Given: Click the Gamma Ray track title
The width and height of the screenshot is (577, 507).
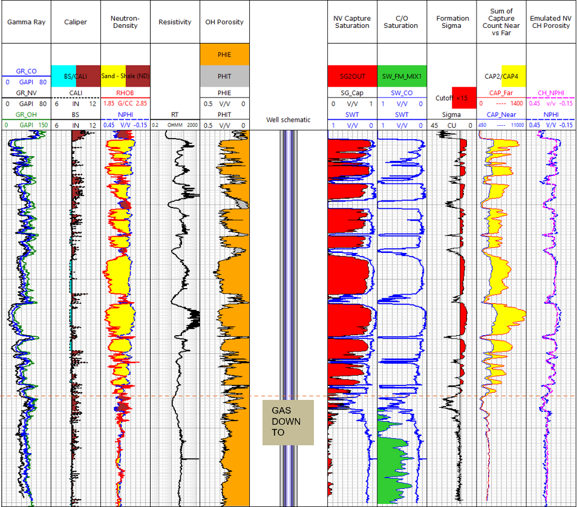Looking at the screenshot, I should (x=23, y=22).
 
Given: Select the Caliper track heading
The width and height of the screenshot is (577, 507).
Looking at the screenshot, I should (x=76, y=22).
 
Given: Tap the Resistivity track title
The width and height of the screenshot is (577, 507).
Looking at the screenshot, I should (x=175, y=22).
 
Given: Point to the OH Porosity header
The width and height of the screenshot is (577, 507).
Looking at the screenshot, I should (x=224, y=22).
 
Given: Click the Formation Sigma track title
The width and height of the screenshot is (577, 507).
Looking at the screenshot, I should (x=452, y=22).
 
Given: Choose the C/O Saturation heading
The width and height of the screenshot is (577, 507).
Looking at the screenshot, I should (x=401, y=22).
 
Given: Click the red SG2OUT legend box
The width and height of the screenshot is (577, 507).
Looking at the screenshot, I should (x=352, y=76).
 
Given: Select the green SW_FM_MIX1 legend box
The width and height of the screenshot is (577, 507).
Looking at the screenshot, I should (x=402, y=76).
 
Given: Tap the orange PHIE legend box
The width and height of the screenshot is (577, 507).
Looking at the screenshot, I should (x=224, y=54).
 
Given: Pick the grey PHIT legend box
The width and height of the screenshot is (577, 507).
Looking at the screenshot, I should (x=224, y=76).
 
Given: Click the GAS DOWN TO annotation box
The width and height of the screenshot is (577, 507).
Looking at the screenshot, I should (x=288, y=422).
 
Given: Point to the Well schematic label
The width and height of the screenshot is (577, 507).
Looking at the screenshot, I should (x=288, y=120).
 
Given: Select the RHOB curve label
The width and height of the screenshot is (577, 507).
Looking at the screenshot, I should (x=125, y=93).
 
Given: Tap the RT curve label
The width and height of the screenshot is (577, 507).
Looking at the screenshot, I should (x=175, y=114).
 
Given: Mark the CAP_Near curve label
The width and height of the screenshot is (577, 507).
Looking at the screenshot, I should (x=501, y=114).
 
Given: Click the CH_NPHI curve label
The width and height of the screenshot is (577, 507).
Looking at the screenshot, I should (x=551, y=93).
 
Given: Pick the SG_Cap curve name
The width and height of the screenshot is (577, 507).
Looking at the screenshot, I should (x=352, y=93).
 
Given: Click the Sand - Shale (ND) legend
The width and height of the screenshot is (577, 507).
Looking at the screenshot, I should (x=125, y=76).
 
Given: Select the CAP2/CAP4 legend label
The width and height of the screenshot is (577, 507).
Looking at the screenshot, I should (x=501, y=76).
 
